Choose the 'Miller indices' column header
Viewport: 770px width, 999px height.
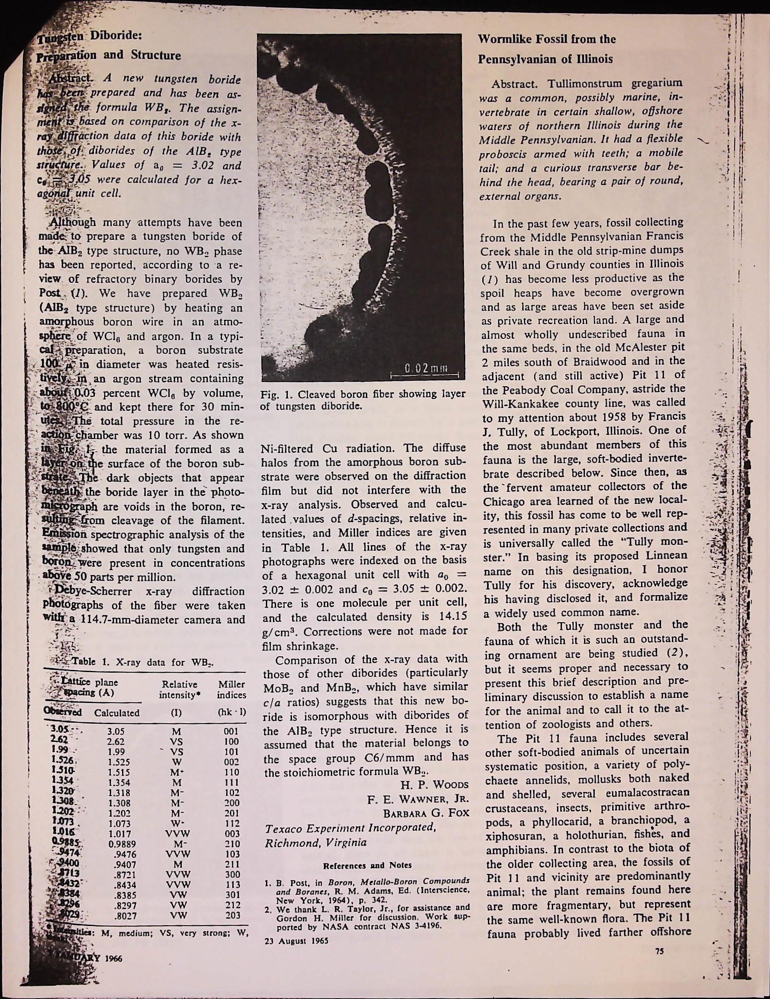click(x=231, y=690)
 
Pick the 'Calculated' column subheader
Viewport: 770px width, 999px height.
click(x=117, y=713)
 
